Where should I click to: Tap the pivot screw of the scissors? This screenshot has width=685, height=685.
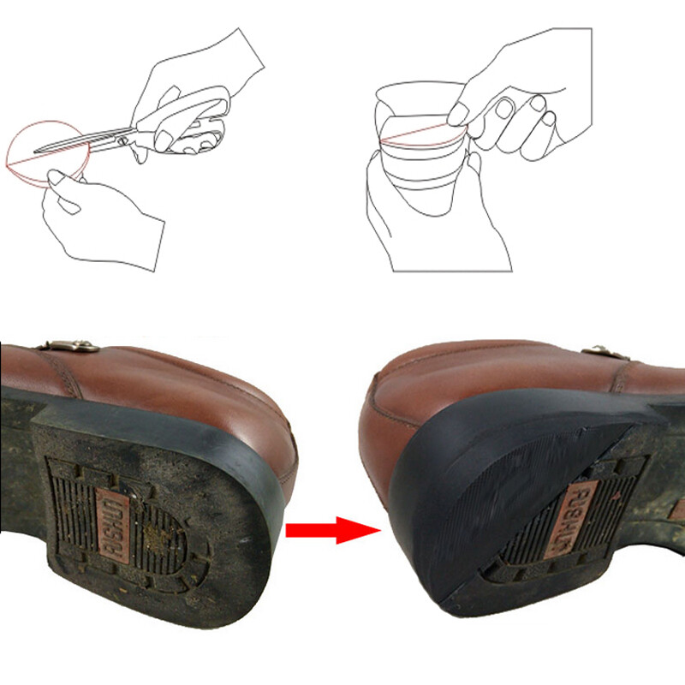point(125,134)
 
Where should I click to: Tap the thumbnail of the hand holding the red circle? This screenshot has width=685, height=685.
point(59,176)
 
